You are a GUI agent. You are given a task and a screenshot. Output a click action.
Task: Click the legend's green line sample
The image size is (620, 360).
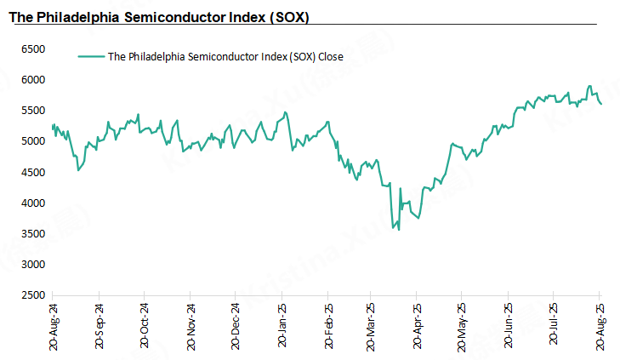coord(90,57)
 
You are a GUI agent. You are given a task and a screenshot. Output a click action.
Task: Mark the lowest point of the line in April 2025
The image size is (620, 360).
coord(398,230)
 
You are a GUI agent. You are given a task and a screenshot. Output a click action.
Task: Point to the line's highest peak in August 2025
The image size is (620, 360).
coord(589,86)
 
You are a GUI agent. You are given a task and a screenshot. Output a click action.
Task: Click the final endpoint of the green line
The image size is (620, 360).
coord(601,104)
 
